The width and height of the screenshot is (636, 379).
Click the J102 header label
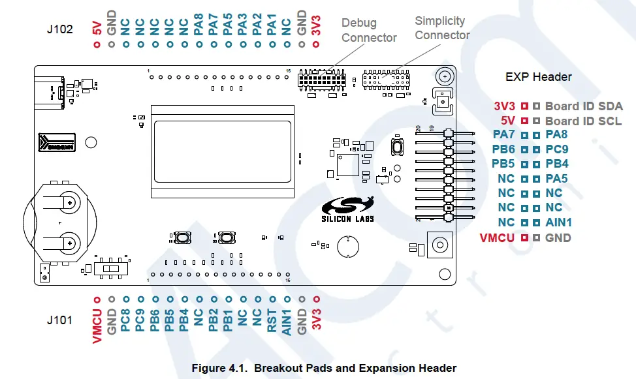[59, 29]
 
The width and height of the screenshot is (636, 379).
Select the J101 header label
[59, 320]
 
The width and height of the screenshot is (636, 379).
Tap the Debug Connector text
[369, 30]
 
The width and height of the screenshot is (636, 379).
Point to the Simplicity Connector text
[441, 28]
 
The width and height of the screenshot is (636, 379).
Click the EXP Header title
[538, 76]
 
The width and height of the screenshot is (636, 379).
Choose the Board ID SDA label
[584, 106]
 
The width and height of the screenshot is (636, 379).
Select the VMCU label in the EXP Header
[497, 237]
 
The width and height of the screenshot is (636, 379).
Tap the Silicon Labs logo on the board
[347, 210]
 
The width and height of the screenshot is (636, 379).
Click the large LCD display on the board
[222, 151]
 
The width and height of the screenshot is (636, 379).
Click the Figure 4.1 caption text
[323, 368]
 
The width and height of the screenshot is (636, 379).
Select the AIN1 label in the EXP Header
[558, 222]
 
